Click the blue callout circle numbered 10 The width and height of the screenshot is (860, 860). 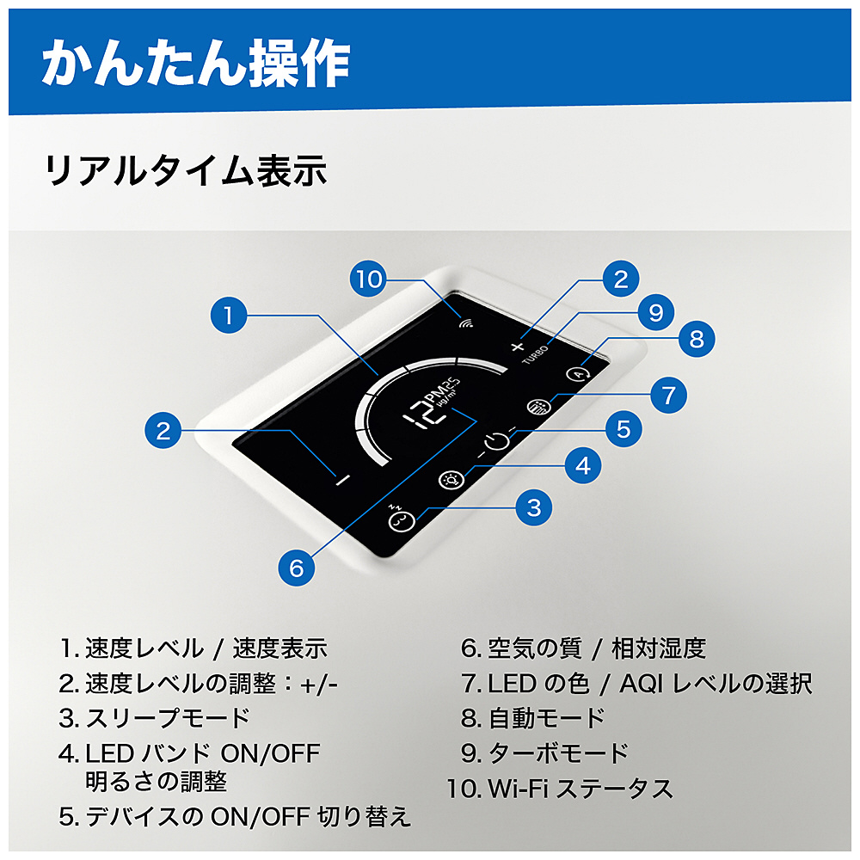click(368, 279)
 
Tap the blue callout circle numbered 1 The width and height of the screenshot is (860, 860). click(229, 315)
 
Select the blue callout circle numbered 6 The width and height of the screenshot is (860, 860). click(296, 568)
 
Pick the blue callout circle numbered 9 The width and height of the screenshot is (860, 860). click(656, 312)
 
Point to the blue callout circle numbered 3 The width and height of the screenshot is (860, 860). click(534, 507)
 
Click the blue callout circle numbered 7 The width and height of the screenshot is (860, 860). click(668, 395)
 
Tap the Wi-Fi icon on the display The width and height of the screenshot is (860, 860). click(467, 323)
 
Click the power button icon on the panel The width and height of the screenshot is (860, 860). click(497, 440)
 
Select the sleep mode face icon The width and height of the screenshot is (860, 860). click(401, 519)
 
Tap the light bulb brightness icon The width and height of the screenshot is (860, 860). click(451, 480)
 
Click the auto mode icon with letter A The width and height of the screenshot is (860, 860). click(578, 375)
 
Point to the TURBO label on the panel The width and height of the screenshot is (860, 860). click(535, 354)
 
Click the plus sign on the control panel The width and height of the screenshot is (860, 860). click(517, 347)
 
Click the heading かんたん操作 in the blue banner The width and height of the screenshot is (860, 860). click(196, 63)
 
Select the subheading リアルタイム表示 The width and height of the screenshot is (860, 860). click(186, 170)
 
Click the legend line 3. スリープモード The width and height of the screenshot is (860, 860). click(154, 718)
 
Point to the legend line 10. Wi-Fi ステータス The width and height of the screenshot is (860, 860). click(560, 789)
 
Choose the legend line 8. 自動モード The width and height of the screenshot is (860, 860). click(532, 718)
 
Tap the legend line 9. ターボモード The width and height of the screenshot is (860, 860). click(544, 753)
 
